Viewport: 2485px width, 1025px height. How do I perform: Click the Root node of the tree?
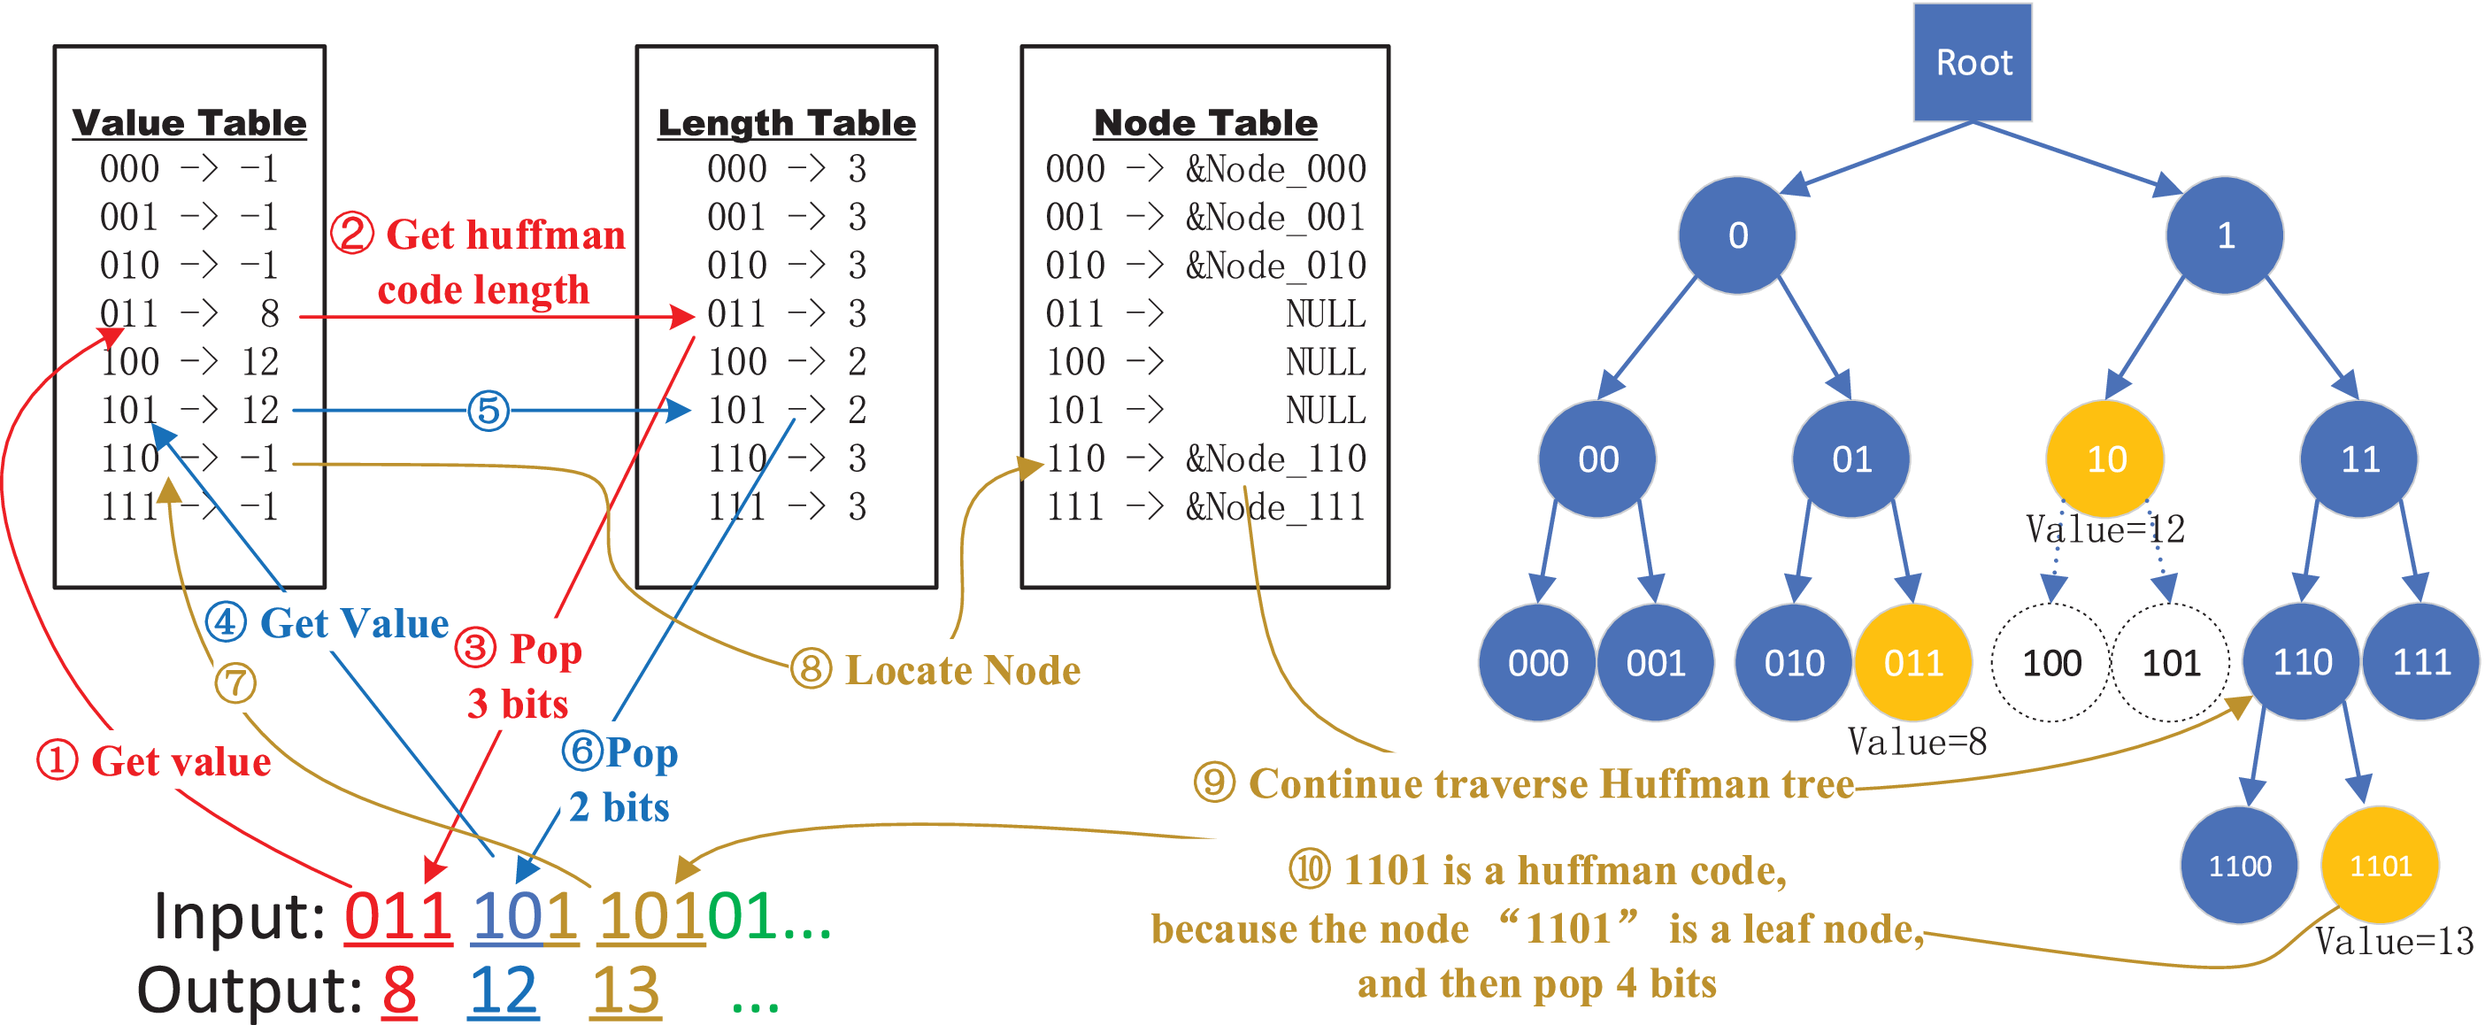point(1972,63)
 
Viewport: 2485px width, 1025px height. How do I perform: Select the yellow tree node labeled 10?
point(2105,459)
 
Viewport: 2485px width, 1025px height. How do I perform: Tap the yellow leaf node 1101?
point(2380,866)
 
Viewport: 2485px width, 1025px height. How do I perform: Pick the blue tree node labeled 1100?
point(2239,866)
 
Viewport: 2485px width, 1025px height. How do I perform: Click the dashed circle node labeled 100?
point(2050,663)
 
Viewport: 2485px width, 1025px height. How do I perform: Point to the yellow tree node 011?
point(1913,663)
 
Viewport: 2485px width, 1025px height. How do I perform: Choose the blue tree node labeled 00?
point(1597,459)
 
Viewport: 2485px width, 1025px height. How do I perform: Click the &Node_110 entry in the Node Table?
point(1275,459)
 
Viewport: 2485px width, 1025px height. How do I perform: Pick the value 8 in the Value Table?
point(269,313)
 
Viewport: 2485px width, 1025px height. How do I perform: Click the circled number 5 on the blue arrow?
point(489,412)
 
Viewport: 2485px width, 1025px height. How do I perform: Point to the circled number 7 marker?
point(235,683)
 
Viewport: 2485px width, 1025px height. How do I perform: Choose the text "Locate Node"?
point(962,671)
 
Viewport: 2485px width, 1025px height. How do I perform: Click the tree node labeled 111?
point(2421,663)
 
